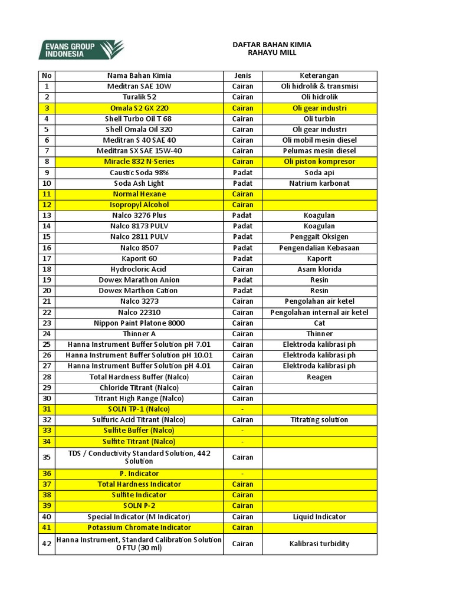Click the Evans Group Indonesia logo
pos(81,50)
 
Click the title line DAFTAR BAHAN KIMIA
pos(272,45)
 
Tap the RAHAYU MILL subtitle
pos(272,53)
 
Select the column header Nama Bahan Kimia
pos(139,75)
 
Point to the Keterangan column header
pos(319,75)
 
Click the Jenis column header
pos(242,75)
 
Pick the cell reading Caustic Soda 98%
pos(139,173)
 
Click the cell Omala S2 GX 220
pos(139,109)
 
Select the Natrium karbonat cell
pos(319,183)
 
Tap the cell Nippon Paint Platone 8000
pos(139,323)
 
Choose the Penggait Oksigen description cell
pos(319,237)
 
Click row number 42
pos(47,544)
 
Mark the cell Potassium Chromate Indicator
pos(139,527)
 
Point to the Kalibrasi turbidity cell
pos(319,544)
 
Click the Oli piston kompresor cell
pos(319,162)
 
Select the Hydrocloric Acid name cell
pos(139,270)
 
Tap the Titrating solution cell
pos(319,420)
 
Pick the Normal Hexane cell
pos(139,194)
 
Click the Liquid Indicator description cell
pos(319,517)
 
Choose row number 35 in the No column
pos(47,457)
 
